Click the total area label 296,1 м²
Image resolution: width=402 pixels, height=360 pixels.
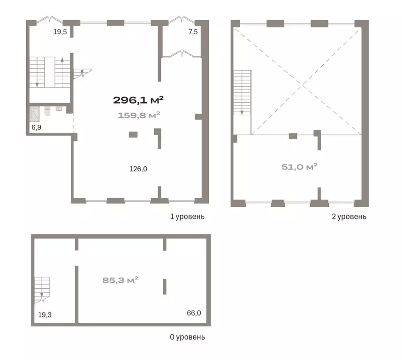pyautogui.click(x=138, y=100)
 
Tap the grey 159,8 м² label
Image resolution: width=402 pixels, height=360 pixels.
pyautogui.click(x=139, y=115)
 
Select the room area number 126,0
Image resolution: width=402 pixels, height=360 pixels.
pyautogui.click(x=138, y=169)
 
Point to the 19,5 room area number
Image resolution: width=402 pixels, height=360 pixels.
pyautogui.click(x=60, y=32)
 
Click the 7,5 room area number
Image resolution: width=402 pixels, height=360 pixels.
pyautogui.click(x=193, y=32)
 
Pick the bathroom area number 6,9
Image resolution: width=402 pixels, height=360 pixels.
pyautogui.click(x=37, y=127)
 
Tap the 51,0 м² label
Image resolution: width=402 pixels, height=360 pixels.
pyautogui.click(x=299, y=167)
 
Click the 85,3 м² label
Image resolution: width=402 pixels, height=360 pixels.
pyautogui.click(x=120, y=280)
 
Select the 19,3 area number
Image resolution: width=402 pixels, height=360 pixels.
pyautogui.click(x=45, y=315)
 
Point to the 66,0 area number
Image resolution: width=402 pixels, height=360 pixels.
pyautogui.click(x=194, y=313)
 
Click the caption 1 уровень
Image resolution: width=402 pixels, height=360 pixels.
pyautogui.click(x=188, y=217)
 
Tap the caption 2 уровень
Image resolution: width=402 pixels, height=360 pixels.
pyautogui.click(x=349, y=217)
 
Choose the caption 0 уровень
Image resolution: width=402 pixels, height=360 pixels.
pyautogui.click(x=188, y=337)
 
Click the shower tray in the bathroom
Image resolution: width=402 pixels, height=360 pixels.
pyautogui.click(x=35, y=114)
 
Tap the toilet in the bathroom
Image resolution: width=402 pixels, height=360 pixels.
pyautogui.click(x=47, y=111)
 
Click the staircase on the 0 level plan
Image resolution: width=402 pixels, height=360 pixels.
pyautogui.click(x=42, y=290)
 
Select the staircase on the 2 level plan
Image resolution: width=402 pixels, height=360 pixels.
pyautogui.click(x=242, y=93)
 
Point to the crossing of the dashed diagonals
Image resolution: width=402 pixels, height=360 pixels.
pyautogui.click(x=303, y=85)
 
